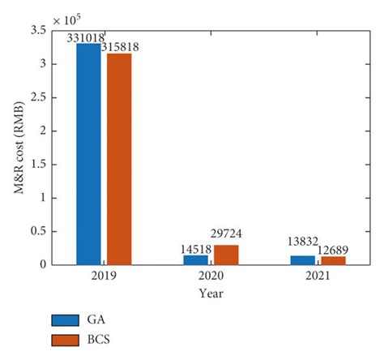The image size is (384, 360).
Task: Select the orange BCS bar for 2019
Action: click(x=119, y=159)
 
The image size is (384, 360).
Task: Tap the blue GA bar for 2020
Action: click(x=195, y=259)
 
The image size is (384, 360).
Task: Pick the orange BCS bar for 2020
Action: click(x=226, y=255)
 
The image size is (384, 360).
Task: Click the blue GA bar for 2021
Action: click(x=302, y=259)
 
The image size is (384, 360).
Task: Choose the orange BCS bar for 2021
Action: click(x=333, y=260)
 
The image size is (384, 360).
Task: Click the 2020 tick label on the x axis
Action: click(x=211, y=276)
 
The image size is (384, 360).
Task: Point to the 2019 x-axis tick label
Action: click(x=104, y=276)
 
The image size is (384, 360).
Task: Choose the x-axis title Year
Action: click(x=211, y=293)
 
